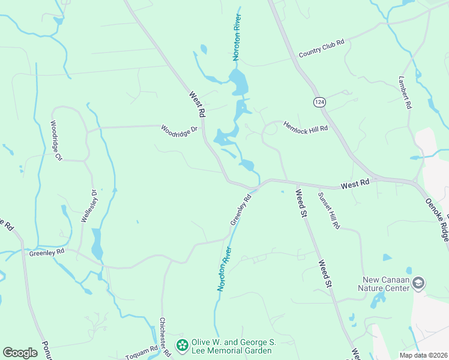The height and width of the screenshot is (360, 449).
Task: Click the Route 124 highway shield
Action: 319,102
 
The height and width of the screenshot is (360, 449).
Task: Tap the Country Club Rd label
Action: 322,49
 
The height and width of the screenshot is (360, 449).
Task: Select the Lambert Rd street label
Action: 404,92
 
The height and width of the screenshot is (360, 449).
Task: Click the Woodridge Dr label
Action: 179,129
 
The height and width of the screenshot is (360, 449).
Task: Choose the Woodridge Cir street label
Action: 57,141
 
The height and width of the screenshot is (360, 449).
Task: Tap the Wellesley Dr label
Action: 89,206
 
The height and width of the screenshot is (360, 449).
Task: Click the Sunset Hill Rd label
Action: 329,211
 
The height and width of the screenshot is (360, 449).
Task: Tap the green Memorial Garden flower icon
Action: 181,345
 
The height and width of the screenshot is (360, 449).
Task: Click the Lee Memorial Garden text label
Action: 234,346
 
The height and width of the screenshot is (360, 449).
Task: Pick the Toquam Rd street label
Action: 141,352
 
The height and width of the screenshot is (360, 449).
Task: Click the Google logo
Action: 20,352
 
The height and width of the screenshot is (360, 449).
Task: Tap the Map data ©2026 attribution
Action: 423,355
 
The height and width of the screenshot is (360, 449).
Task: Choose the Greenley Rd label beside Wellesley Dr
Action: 46,253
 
